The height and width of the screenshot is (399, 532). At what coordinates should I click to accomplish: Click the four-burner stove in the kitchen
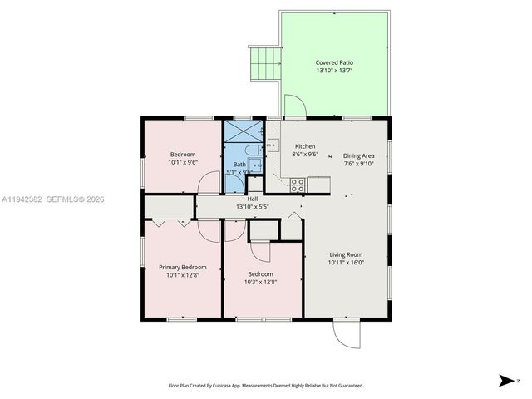click(x=297, y=186)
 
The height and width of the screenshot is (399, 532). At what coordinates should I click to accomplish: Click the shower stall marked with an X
click(x=243, y=133)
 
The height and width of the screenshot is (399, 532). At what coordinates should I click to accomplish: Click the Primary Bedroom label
click(x=183, y=267)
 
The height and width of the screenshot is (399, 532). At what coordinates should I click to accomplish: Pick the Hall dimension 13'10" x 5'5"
click(x=253, y=206)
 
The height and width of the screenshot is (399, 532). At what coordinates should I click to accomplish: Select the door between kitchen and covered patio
click(x=295, y=106)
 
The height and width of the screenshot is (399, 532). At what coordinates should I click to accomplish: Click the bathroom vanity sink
click(x=255, y=166)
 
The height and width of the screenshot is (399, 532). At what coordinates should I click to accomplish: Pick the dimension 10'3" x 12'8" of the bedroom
click(x=260, y=282)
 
